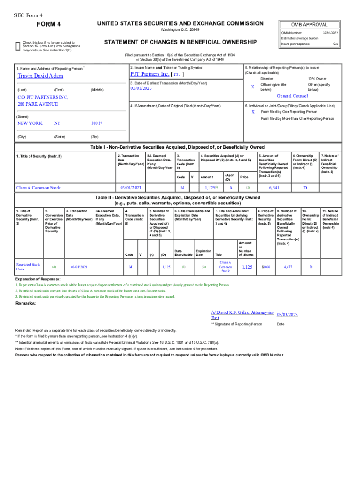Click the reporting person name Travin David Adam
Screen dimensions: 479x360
[40, 76]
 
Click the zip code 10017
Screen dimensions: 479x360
[97, 123]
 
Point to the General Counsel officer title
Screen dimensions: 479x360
[292, 95]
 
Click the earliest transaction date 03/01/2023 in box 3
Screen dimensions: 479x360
[142, 88]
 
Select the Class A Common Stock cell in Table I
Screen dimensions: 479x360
[38, 188]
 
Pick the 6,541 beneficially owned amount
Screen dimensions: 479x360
[274, 188]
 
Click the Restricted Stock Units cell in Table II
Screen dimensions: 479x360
[28, 267]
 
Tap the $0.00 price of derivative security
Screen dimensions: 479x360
[266, 267]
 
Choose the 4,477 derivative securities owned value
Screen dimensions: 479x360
[288, 267]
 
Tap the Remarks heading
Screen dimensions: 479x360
[26, 304]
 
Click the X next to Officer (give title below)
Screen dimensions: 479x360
[252, 87]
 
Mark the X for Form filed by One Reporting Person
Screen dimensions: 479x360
[252, 112]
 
